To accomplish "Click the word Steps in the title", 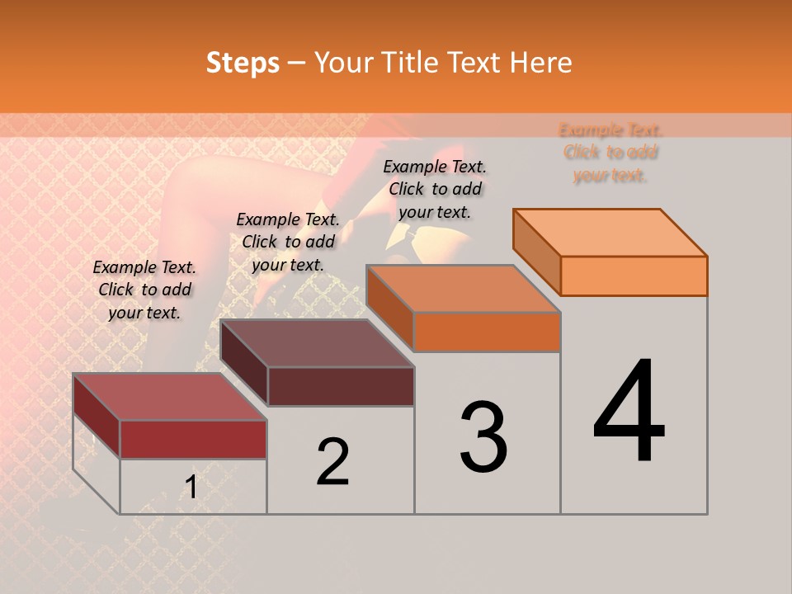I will (243, 63).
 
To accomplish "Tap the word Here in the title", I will (540, 63).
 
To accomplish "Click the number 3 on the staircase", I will (483, 437).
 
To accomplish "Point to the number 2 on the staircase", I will (332, 462).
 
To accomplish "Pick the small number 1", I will (191, 488).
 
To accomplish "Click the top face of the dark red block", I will (169, 397).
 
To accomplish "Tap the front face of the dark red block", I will (193, 439).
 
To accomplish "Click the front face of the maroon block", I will (341, 386).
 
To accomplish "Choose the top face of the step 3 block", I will (464, 289).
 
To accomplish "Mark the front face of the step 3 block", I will (487, 332).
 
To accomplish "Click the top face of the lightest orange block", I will (610, 233).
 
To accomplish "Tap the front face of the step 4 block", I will (634, 276).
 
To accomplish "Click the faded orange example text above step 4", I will (610, 153).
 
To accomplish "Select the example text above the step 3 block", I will (435, 189).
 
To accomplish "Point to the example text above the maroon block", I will (288, 242).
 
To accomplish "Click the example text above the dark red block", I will (144, 290).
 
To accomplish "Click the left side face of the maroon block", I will (244, 363).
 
